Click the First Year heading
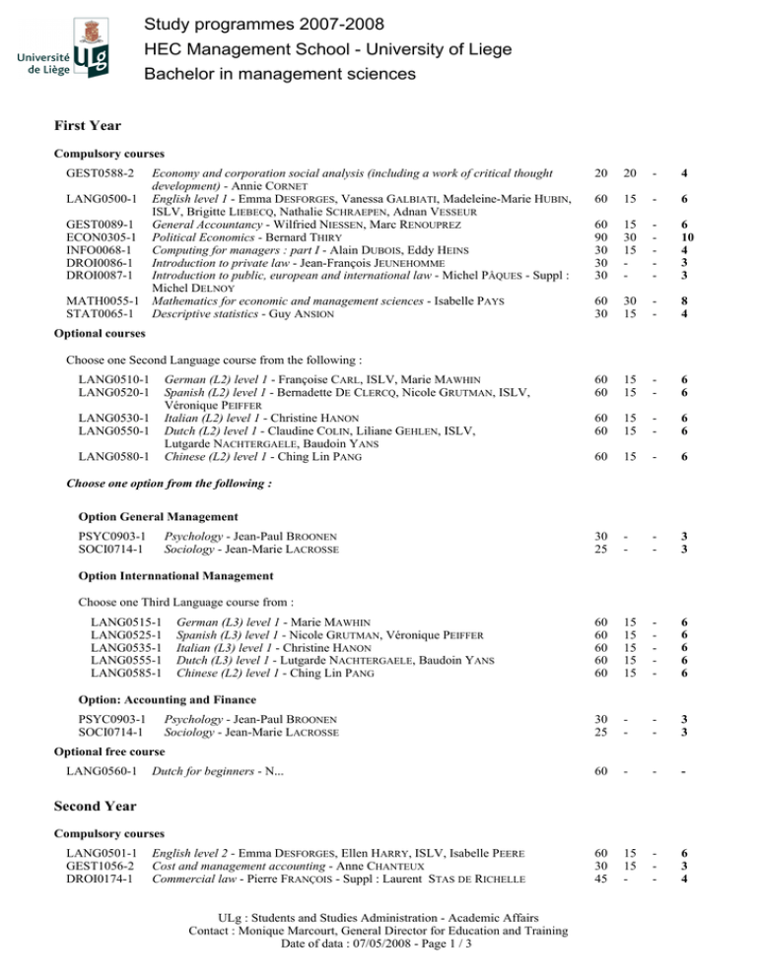point(88,125)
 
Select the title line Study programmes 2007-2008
point(250,23)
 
